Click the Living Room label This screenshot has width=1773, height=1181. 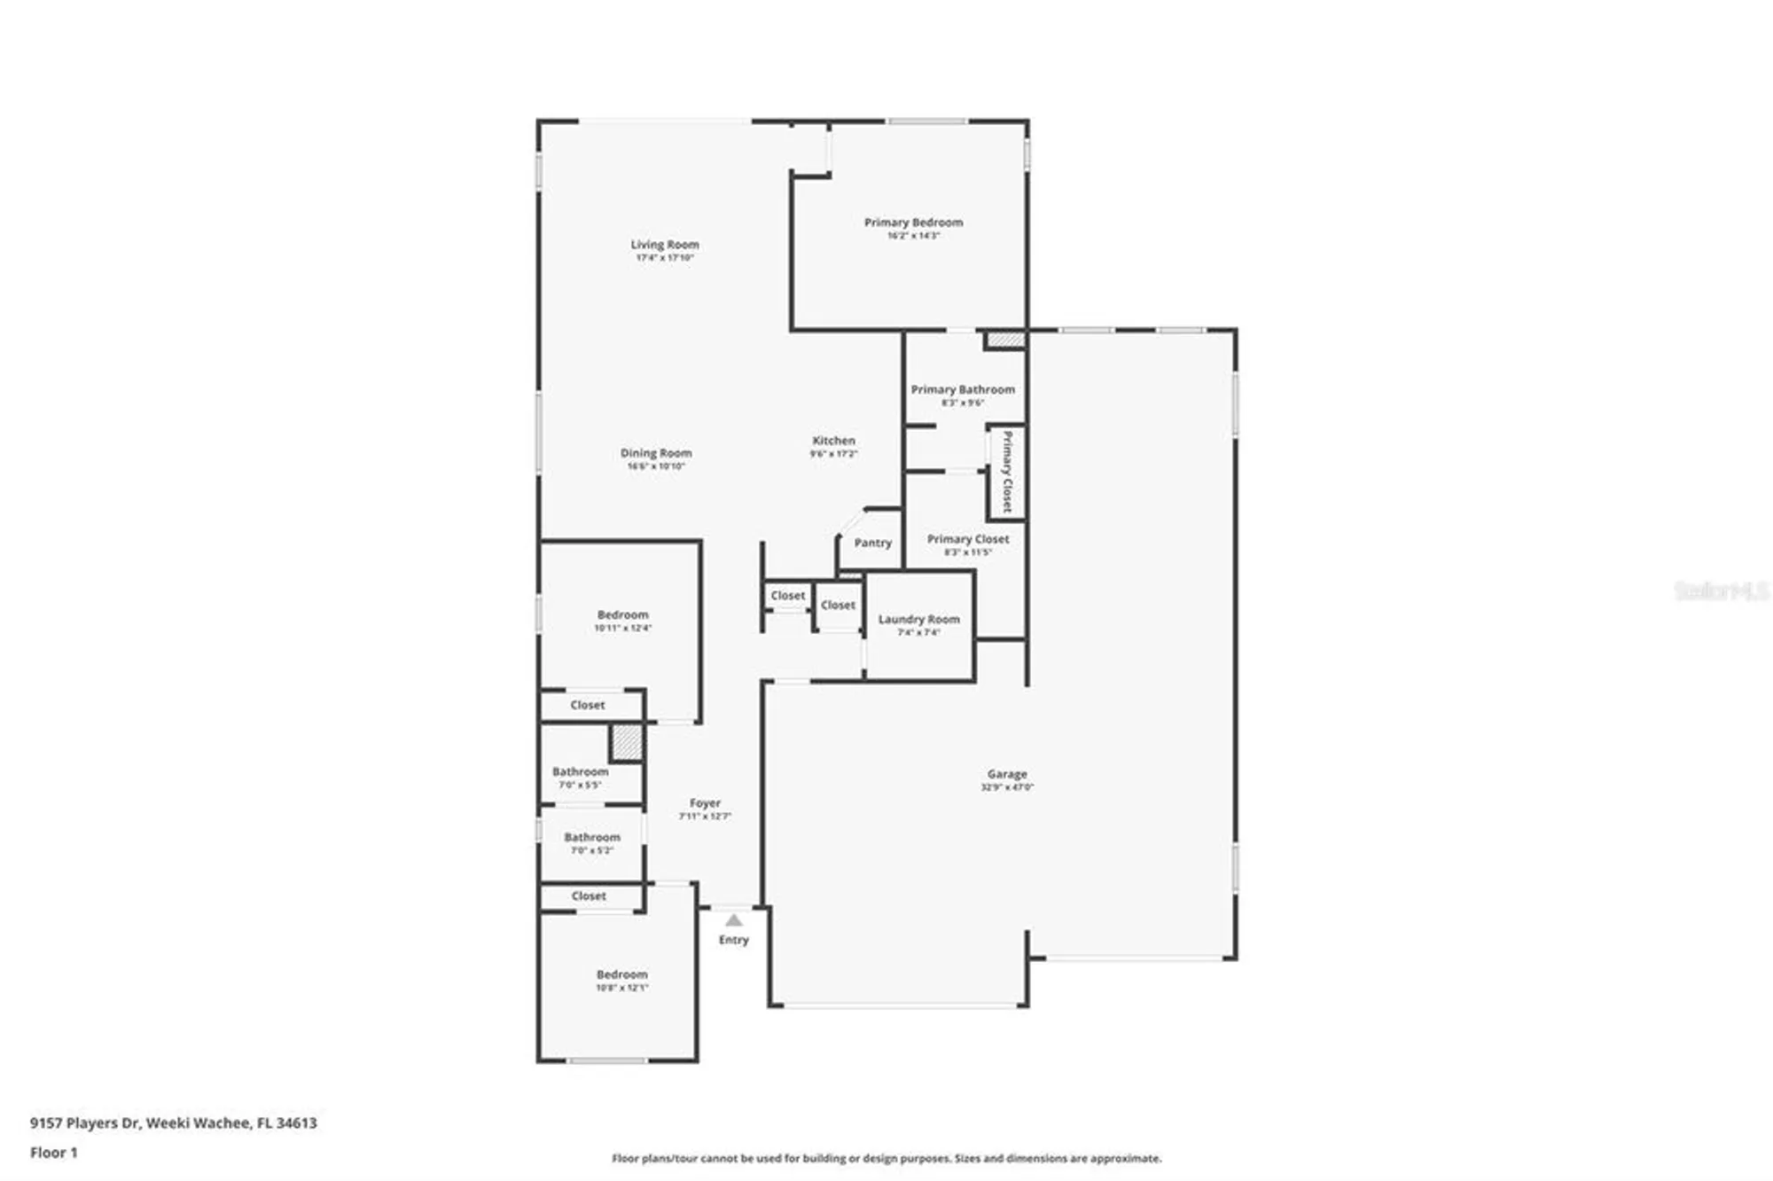coord(664,245)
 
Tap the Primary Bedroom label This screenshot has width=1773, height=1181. coord(913,223)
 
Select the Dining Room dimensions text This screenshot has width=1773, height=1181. coord(656,466)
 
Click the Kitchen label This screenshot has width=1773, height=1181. coord(833,441)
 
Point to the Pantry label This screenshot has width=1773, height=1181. coord(872,543)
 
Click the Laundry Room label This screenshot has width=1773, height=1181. coord(918,620)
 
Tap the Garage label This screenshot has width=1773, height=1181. coord(1007,774)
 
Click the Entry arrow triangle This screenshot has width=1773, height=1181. coord(734,920)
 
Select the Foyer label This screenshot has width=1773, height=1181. coord(705,803)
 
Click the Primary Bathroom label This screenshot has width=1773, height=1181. coord(963,389)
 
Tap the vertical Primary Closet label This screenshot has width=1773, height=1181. coord(1007,472)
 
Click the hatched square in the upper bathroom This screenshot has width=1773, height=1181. coord(626,743)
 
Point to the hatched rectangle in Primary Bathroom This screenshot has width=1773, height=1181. coord(1005,340)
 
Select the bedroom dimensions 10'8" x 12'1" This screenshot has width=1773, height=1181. coord(621,988)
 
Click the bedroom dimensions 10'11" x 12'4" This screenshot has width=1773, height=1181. coord(622,629)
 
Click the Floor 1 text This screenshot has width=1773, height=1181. coord(54,1153)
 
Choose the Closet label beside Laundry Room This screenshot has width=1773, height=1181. coord(838,606)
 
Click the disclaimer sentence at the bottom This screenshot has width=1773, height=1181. coord(886,1158)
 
